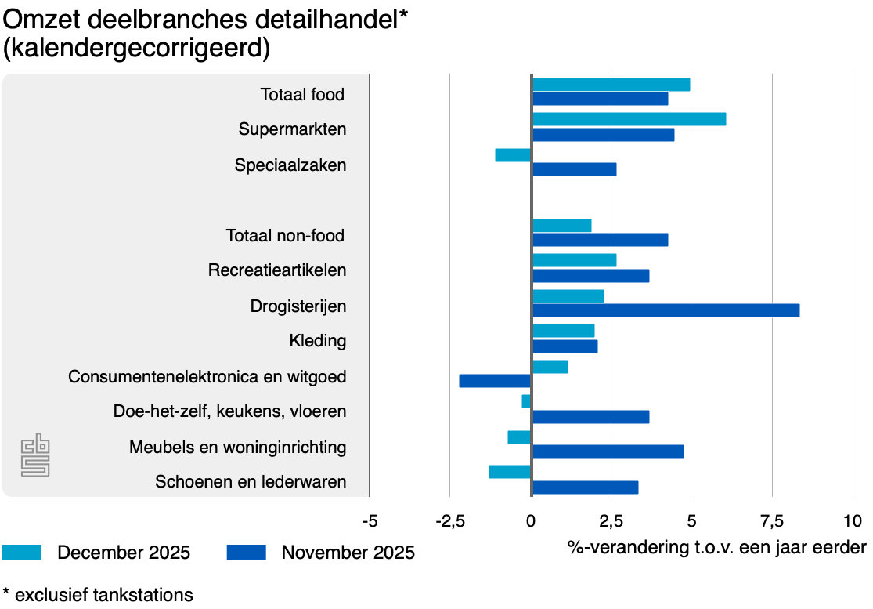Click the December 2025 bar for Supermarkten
tap(629, 119)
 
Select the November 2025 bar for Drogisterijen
tap(666, 310)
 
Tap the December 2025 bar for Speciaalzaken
tap(513, 155)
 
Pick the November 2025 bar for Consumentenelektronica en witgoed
tap(495, 381)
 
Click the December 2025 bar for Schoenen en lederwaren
tap(510, 472)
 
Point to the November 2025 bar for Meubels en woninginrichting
tap(608, 451)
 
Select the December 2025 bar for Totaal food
tap(611, 85)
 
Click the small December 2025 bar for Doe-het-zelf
tap(526, 401)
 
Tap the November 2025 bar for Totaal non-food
tap(600, 240)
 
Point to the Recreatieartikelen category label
tap(277, 270)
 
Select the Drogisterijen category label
tap(298, 306)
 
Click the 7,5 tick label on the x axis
tap(772, 520)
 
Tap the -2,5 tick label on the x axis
tap(449, 520)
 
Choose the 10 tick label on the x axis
tap(853, 520)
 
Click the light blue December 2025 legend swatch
tap(25, 553)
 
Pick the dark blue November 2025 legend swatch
tap(247, 553)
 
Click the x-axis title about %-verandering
tap(716, 547)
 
